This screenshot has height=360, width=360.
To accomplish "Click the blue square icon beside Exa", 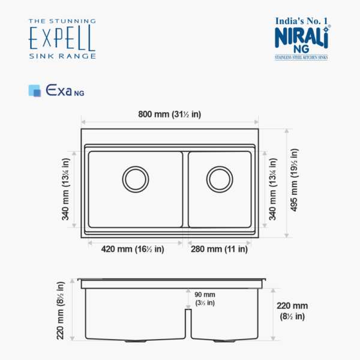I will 35,91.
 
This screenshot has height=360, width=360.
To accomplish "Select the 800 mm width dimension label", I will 169,115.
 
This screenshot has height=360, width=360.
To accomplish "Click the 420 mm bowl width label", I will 133,249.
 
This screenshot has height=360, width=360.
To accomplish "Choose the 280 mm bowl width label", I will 218,249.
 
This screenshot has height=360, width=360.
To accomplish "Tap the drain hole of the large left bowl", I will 136,178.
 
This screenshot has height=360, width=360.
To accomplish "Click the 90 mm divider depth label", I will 205,299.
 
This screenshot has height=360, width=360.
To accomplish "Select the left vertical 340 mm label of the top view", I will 66,189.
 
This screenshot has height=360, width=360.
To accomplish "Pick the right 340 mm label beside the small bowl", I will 274,189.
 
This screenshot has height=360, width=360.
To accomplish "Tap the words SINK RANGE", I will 62,56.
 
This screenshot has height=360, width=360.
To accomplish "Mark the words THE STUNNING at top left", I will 62,22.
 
